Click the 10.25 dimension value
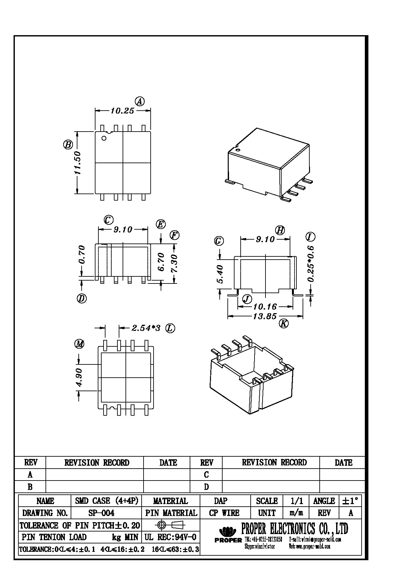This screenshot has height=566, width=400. (122, 111)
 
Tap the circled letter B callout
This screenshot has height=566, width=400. (68, 144)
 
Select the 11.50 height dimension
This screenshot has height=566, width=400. (78, 163)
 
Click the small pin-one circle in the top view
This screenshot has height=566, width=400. (104, 138)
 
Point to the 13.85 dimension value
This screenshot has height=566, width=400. (265, 316)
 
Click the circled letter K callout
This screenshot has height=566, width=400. (284, 323)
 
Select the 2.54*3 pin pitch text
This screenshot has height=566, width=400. (146, 328)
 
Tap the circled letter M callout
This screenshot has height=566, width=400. (79, 344)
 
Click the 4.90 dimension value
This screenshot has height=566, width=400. (79, 378)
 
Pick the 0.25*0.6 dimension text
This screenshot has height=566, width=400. (311, 264)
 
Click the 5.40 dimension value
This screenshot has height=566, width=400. (220, 274)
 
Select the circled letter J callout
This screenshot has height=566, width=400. (247, 299)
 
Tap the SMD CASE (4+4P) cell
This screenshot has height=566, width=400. (106, 501)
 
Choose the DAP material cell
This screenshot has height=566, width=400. (221, 501)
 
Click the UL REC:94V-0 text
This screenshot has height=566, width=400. (170, 537)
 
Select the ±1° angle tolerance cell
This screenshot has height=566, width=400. (350, 501)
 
